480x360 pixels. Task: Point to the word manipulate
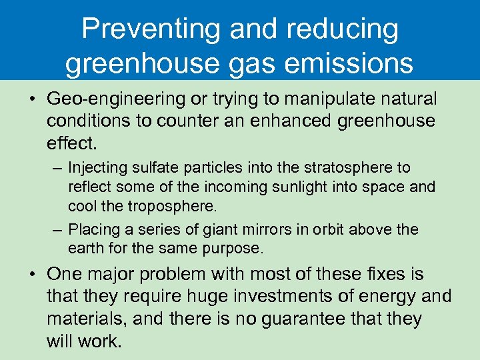[x=321, y=99]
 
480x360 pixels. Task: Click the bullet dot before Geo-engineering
[x=33, y=100]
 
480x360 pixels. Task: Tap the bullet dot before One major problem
[x=33, y=275]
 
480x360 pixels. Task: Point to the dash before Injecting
[x=57, y=167]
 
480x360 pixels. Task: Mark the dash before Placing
[x=57, y=229]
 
